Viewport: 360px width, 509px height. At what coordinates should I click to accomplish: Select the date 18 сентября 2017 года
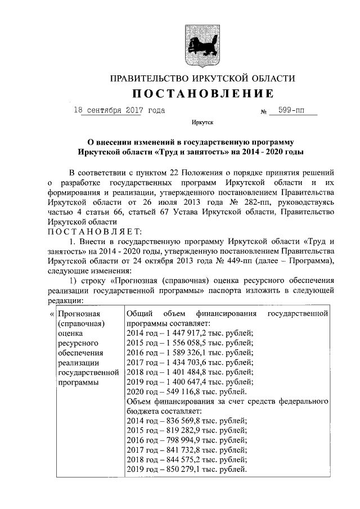point(119,110)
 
